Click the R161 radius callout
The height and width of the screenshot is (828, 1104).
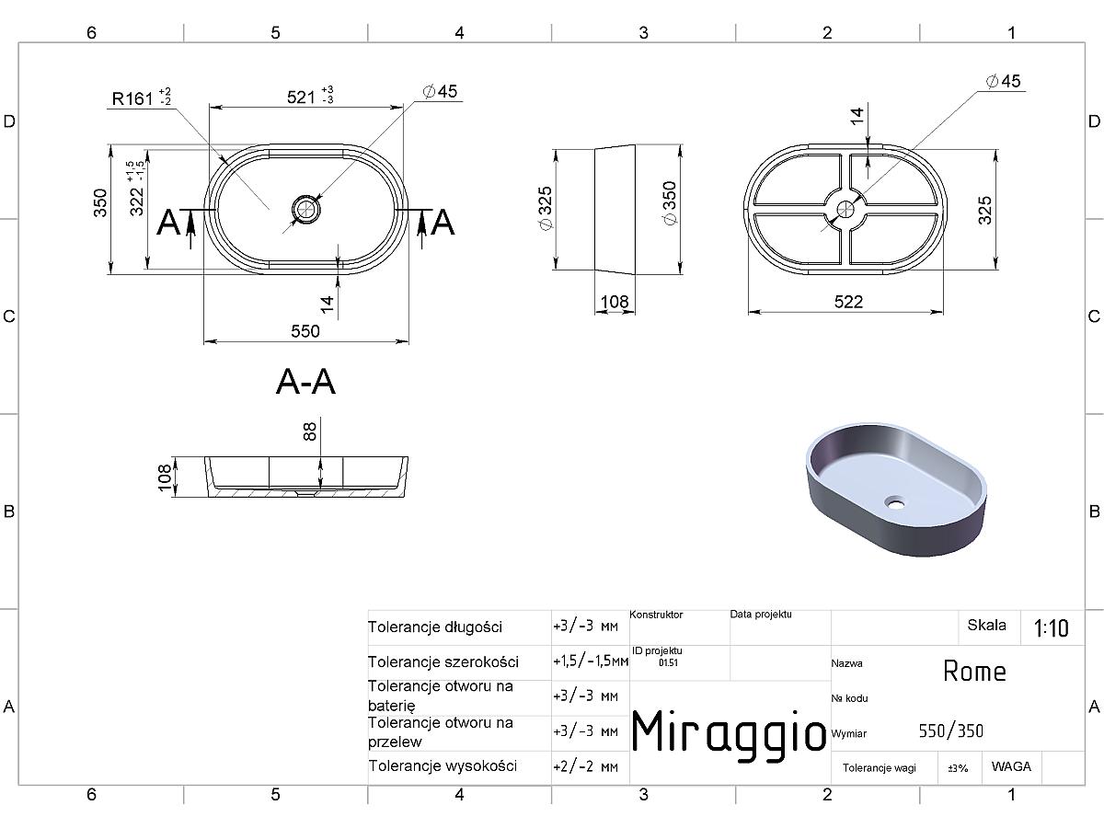point(142,98)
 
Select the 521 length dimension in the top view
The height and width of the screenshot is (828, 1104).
point(310,96)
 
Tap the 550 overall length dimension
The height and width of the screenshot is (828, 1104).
point(305,331)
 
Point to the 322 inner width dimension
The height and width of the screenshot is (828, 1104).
point(137,189)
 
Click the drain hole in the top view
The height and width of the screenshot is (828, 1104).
point(305,209)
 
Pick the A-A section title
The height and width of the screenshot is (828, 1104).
point(305,382)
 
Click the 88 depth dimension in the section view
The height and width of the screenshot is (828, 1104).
point(310,431)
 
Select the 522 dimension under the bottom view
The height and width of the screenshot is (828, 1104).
point(848,302)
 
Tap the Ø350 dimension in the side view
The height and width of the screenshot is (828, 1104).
point(670,203)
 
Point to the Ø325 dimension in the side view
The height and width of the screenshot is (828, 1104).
point(546,208)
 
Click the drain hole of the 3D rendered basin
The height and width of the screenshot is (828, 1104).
point(895,501)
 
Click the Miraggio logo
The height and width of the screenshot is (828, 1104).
point(729,731)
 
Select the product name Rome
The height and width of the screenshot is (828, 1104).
point(974,672)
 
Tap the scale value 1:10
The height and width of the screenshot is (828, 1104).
point(1051,628)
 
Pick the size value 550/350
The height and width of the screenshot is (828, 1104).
point(950,731)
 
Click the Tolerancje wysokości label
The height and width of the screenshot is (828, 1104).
point(443,766)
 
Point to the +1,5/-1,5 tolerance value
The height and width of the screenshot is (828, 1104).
point(591,661)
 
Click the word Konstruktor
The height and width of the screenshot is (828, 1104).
point(656,615)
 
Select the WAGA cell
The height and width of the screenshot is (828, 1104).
point(1011,766)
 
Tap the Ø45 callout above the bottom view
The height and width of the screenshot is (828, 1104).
point(1003,81)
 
